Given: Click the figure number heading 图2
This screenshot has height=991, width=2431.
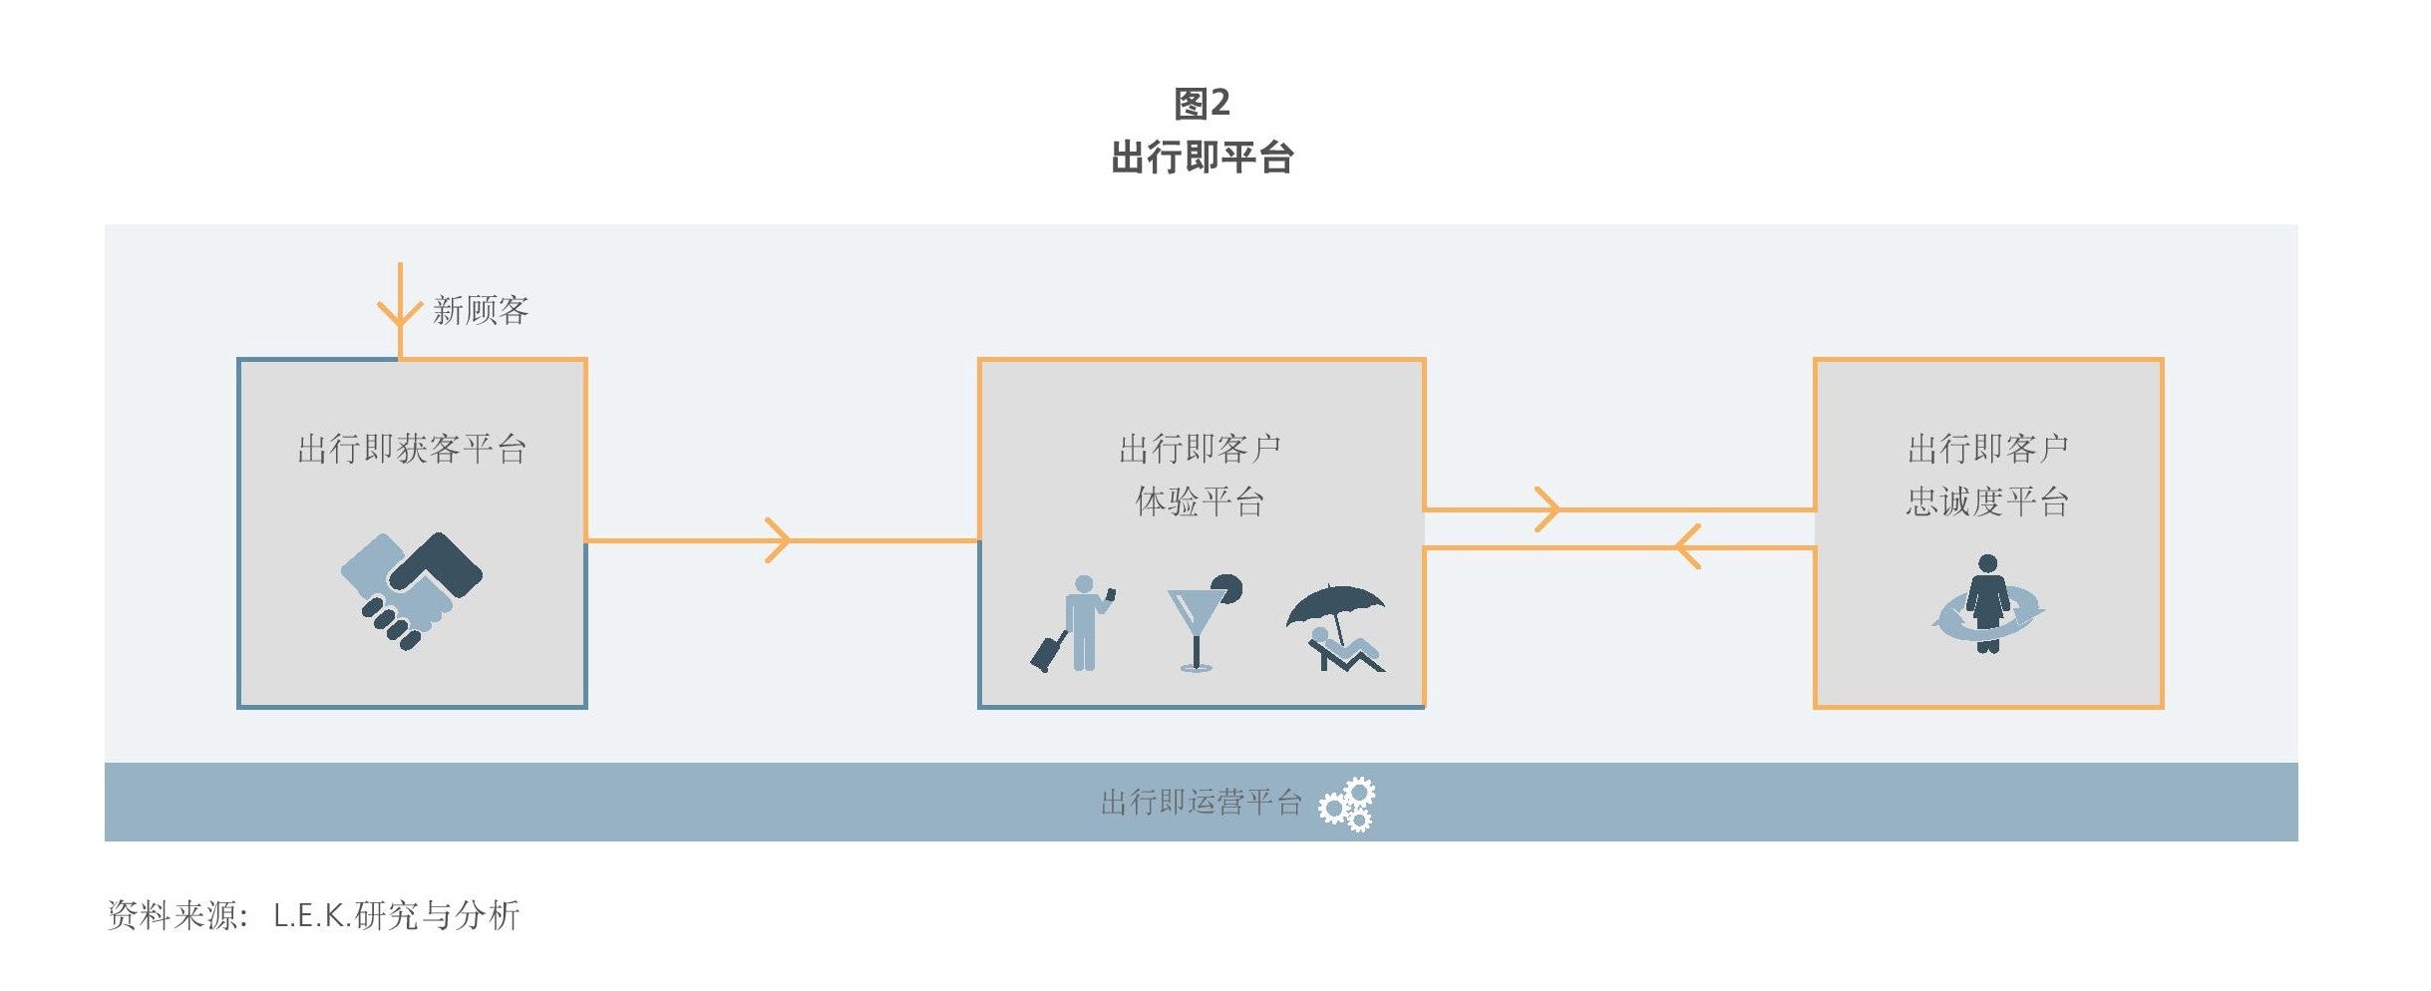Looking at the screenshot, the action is [x=1202, y=103].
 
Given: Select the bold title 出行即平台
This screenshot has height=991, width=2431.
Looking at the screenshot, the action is [x=1203, y=158].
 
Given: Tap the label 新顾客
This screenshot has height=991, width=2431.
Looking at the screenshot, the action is [x=481, y=310].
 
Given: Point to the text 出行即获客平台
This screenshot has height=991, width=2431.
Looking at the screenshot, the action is [x=412, y=449].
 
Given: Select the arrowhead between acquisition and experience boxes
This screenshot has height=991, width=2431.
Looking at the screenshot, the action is [x=778, y=540].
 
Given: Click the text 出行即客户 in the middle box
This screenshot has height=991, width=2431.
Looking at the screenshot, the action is [x=1201, y=449].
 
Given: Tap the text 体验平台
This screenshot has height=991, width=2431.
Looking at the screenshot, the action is [x=1201, y=501].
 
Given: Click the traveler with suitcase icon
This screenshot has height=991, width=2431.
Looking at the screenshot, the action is [x=1073, y=623].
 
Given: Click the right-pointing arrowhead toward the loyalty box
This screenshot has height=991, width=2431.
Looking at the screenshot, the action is [x=1547, y=509].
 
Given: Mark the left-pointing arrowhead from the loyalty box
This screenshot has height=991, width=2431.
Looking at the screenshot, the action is [x=1687, y=547].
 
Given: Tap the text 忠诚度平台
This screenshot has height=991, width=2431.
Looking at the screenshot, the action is [x=1987, y=501].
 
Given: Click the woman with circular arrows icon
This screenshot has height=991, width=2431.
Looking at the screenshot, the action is [x=1987, y=604].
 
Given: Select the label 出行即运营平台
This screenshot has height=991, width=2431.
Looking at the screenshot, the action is [x=1202, y=803].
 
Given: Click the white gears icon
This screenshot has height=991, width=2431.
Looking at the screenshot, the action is [x=1347, y=805].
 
